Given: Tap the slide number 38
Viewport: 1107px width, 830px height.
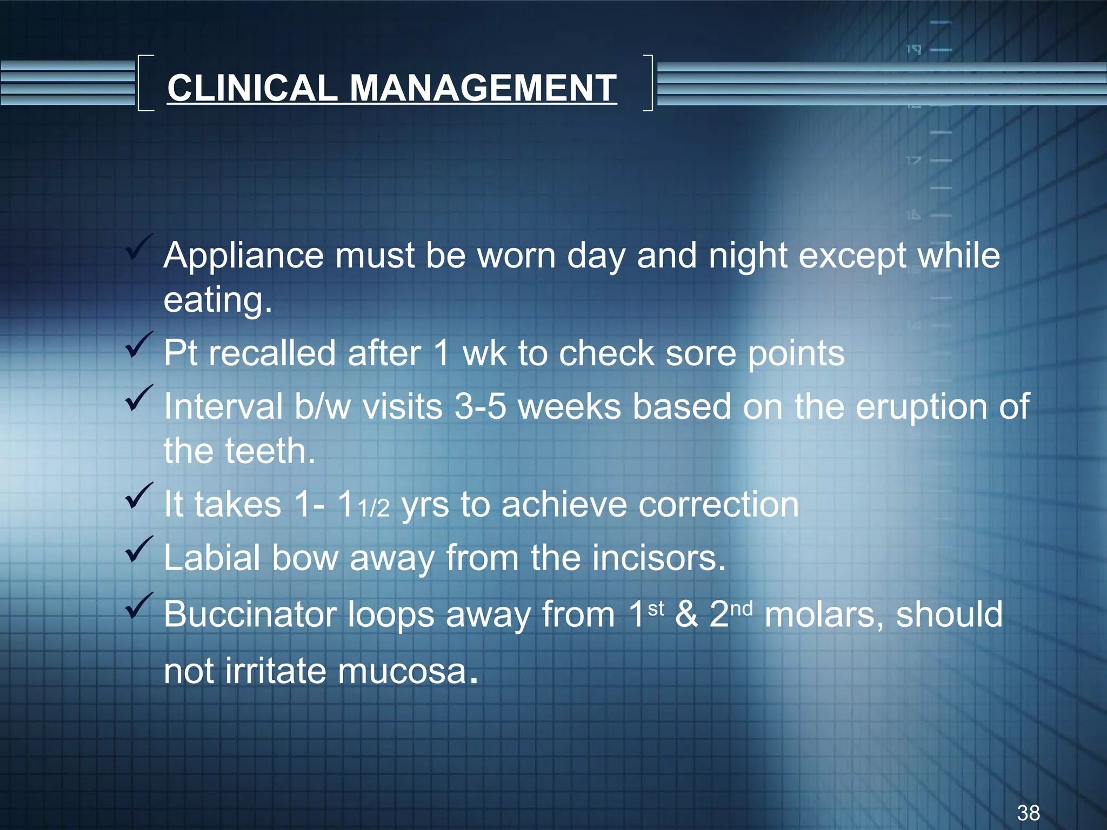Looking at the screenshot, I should (1028, 813).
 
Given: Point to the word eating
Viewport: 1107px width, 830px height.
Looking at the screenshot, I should (217, 300).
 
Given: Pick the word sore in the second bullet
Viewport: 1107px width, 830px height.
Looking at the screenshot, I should (701, 353).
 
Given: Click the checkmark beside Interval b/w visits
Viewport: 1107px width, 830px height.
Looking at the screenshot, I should (138, 398).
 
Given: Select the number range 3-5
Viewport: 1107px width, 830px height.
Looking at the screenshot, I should (480, 406).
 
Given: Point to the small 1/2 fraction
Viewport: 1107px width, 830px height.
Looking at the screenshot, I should (374, 509).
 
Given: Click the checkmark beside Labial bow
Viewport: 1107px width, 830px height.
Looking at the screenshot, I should (138, 549).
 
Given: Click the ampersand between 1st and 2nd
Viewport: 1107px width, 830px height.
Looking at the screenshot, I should (686, 614).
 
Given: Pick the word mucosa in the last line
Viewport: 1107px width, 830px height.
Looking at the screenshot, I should (403, 671).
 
